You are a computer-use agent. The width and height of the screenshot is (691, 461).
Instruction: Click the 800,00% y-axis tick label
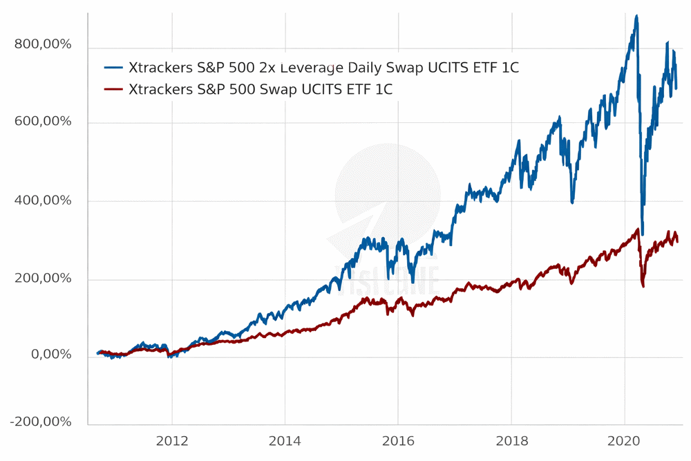coord(43,45)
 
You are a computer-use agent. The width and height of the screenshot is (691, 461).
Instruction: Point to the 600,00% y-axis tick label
coord(43,122)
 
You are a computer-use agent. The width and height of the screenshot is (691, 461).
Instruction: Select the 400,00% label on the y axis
coord(43,200)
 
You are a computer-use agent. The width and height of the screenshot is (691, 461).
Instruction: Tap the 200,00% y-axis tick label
coord(43,279)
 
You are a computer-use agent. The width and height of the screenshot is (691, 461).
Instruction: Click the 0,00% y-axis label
coord(48,355)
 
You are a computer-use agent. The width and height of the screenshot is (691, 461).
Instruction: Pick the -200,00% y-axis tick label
coord(41,422)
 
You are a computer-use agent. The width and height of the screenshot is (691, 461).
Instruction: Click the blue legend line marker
coord(113,68)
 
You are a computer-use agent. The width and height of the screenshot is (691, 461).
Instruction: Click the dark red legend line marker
coord(113,89)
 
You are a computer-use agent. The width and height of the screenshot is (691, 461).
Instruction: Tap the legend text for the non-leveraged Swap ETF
coord(261,89)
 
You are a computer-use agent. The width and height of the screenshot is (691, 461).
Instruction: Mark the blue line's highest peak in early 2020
coord(636,16)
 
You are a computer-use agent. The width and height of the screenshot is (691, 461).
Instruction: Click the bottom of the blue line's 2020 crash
coord(643,234)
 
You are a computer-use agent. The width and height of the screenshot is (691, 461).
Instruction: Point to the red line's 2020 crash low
coord(643,286)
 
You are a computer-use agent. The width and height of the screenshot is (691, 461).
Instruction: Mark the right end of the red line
coord(677,241)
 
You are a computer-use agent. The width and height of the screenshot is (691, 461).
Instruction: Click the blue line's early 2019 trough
coord(572,202)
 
